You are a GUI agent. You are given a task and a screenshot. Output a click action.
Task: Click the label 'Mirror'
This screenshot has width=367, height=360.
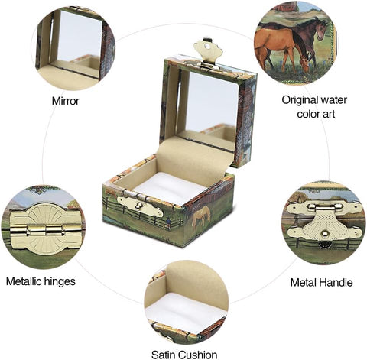click(65, 100)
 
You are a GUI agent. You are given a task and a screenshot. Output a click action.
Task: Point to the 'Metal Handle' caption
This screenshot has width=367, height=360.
click(321, 282)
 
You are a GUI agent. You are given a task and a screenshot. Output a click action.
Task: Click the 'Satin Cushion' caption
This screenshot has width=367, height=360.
click(185, 354)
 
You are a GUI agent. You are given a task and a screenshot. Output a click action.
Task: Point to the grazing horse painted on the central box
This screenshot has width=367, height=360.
click(201, 217)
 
